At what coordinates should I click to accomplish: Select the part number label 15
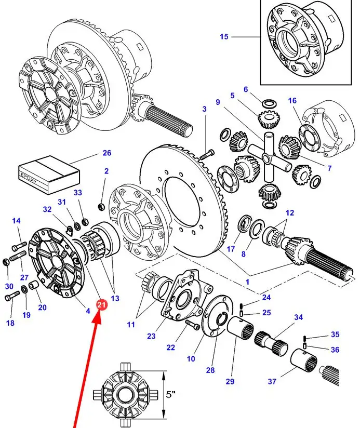pyautogui.click(x=224, y=37)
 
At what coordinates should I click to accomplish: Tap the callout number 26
pyautogui.click(x=106, y=153)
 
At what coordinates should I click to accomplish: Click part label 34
pyautogui.click(x=298, y=317)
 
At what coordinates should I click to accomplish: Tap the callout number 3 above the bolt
pyautogui.click(x=204, y=109)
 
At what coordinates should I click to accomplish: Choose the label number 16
pyautogui.click(x=292, y=100)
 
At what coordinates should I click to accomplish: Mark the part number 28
pyautogui.click(x=210, y=370)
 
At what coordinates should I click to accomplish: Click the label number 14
pyautogui.click(x=16, y=221)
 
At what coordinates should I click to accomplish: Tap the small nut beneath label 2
pyautogui.click(x=102, y=207)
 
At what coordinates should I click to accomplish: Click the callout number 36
pyautogui.click(x=335, y=350)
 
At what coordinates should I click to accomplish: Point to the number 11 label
pyautogui.click(x=130, y=325)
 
